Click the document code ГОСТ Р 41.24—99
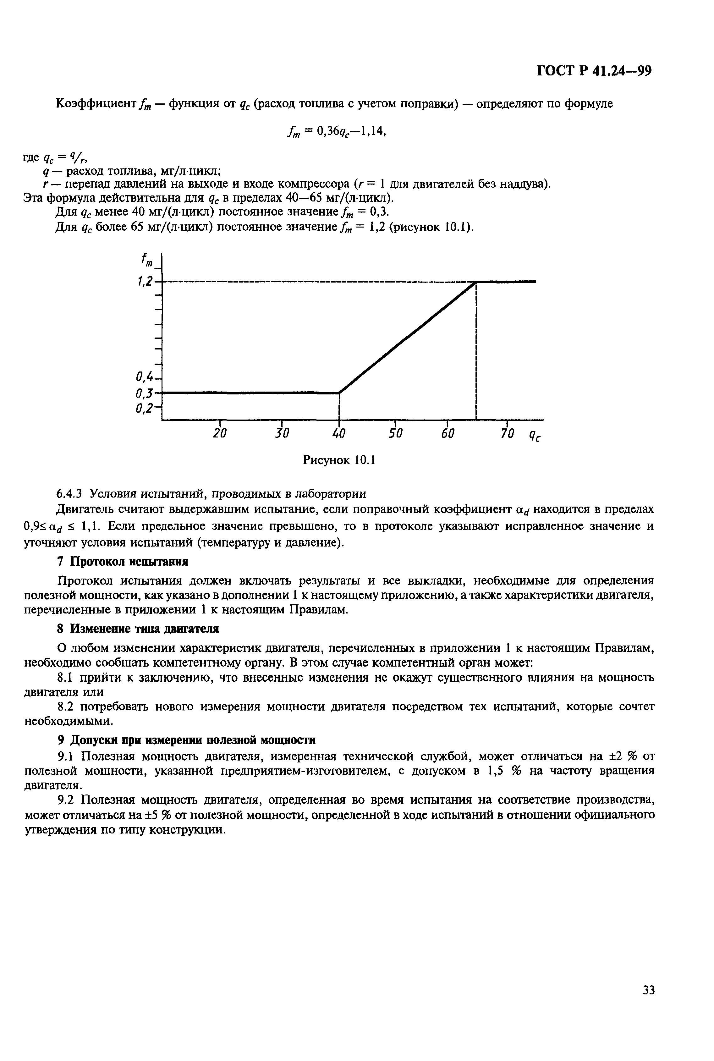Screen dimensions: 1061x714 point(594,71)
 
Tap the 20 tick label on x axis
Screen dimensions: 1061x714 point(220,434)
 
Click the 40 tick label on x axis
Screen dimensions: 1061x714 point(339,434)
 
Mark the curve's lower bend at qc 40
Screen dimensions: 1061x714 point(339,393)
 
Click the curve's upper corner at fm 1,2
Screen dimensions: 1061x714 point(476,282)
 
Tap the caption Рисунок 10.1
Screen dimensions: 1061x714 point(339,460)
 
